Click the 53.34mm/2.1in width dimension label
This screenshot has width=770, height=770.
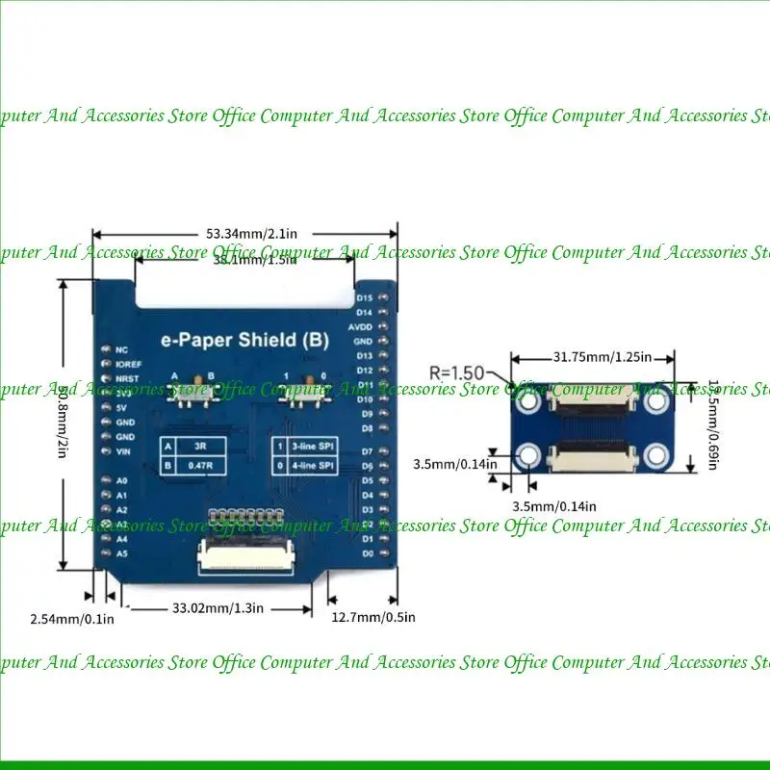tap(244, 233)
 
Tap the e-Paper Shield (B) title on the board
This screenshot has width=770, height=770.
tap(245, 339)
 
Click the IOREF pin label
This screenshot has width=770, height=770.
tap(129, 365)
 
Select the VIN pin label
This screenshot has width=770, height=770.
tap(122, 451)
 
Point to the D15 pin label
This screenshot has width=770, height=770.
tap(365, 298)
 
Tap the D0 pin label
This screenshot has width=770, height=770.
tap(367, 553)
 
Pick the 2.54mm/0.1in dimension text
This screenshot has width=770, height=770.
tap(72, 618)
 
